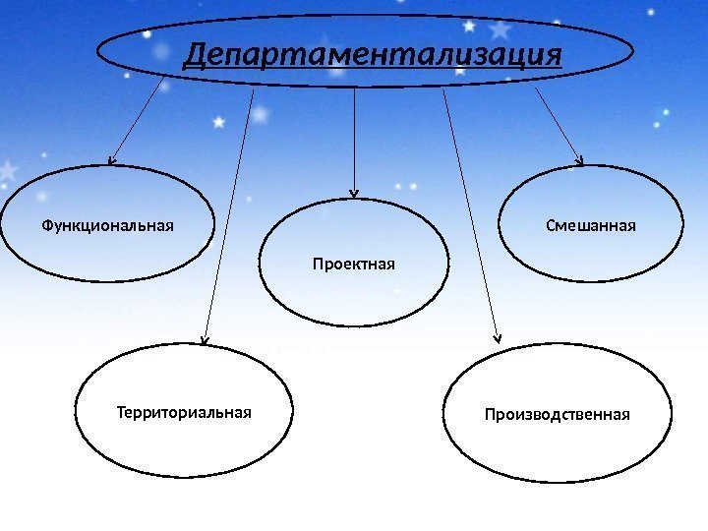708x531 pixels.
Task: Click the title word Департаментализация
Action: (x=373, y=53)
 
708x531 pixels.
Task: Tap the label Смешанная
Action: (x=591, y=226)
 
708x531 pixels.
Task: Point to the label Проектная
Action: (x=353, y=264)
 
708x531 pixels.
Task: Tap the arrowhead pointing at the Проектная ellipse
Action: (x=354, y=191)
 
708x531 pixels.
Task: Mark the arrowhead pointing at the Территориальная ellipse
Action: (x=205, y=339)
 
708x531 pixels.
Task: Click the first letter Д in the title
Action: (x=196, y=54)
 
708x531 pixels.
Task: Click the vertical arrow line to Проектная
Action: (x=354, y=138)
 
